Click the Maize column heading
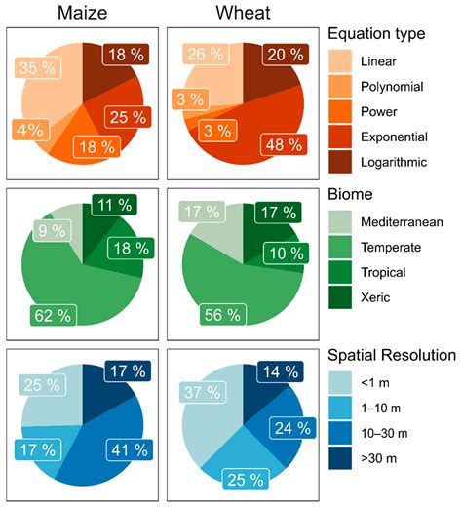coord(82,15)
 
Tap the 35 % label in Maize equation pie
coord(36,68)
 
